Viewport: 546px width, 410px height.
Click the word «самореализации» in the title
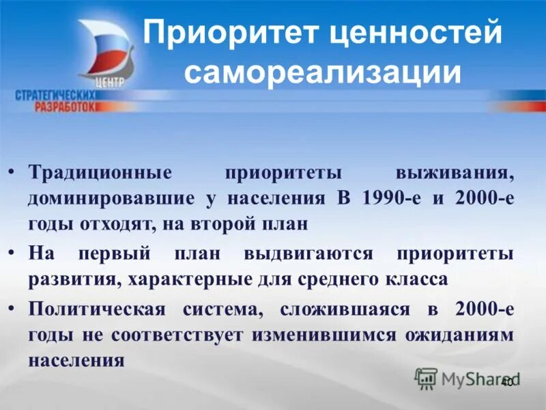(322, 72)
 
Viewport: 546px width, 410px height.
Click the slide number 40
(507, 383)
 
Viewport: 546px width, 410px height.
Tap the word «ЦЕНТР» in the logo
(112, 81)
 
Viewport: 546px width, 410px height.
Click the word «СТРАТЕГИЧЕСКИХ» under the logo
(55, 96)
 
